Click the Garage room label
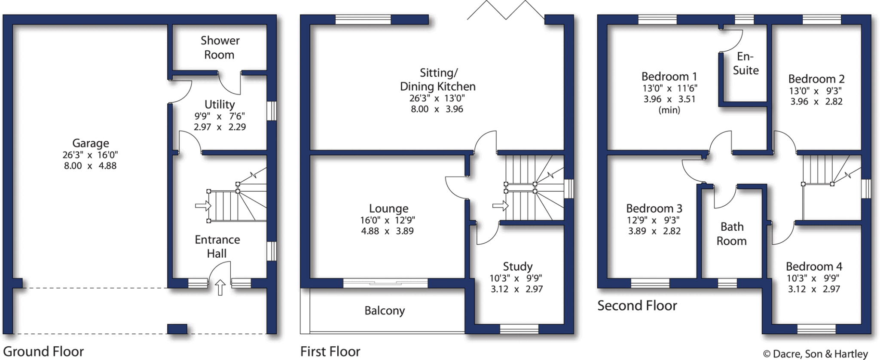[90, 143]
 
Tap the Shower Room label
[220, 48]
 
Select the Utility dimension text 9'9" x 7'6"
[219, 116]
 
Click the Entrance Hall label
[217, 247]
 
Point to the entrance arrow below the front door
[220, 287]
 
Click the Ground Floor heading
[43, 351]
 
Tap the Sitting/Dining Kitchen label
[437, 80]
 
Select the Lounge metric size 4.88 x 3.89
[387, 231]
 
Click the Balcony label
[385, 311]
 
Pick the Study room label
[517, 266]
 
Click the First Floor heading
[330, 351]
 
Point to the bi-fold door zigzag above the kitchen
[506, 10]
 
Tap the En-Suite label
[746, 63]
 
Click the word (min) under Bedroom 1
[669, 110]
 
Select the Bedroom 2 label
[816, 79]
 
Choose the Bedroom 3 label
[654, 208]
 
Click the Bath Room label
[732, 234]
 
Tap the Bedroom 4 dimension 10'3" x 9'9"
[813, 278]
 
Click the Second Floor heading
[637, 306]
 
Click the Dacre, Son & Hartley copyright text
[815, 354]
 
